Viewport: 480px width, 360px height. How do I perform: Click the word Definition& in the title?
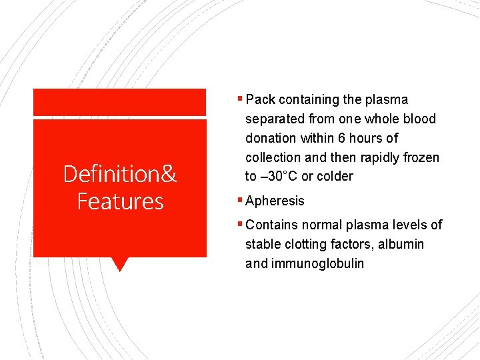120,174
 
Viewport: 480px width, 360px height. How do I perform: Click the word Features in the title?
120,201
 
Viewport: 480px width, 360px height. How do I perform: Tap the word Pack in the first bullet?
260,99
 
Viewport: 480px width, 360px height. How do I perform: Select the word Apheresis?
275,201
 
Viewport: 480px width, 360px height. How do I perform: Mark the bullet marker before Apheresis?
241,200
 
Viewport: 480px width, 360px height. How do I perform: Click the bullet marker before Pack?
241,99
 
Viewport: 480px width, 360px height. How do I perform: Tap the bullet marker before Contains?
241,224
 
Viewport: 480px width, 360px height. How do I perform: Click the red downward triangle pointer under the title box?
119,264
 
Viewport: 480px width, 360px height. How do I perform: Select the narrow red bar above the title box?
120,102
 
